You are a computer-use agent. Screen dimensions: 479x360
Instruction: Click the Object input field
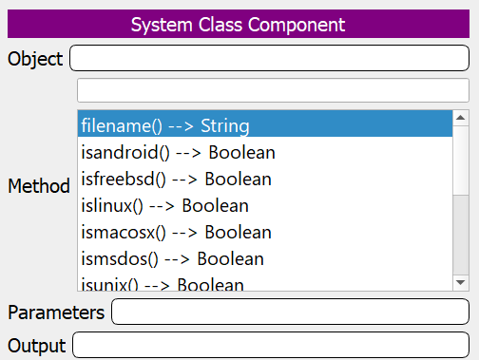point(269,59)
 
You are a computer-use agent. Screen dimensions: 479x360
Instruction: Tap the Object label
point(35,59)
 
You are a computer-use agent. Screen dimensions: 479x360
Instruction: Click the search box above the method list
point(273,90)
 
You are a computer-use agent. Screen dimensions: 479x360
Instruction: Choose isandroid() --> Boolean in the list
point(178,152)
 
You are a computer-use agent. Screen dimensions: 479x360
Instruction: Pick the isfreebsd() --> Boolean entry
point(176,179)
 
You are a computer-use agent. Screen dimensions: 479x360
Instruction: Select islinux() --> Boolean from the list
point(164,205)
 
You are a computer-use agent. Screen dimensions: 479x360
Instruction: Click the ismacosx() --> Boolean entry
point(176,232)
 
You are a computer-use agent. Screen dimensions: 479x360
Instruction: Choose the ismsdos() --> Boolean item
point(172,258)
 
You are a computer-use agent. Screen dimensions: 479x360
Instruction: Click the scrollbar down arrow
point(461,282)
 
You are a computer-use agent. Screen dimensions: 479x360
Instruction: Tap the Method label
point(38,186)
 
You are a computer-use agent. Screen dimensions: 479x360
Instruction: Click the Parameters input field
point(290,312)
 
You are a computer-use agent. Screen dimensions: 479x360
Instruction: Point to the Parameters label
point(56,312)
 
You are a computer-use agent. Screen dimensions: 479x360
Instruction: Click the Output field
point(271,345)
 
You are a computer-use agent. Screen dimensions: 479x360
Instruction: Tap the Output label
point(36,345)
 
